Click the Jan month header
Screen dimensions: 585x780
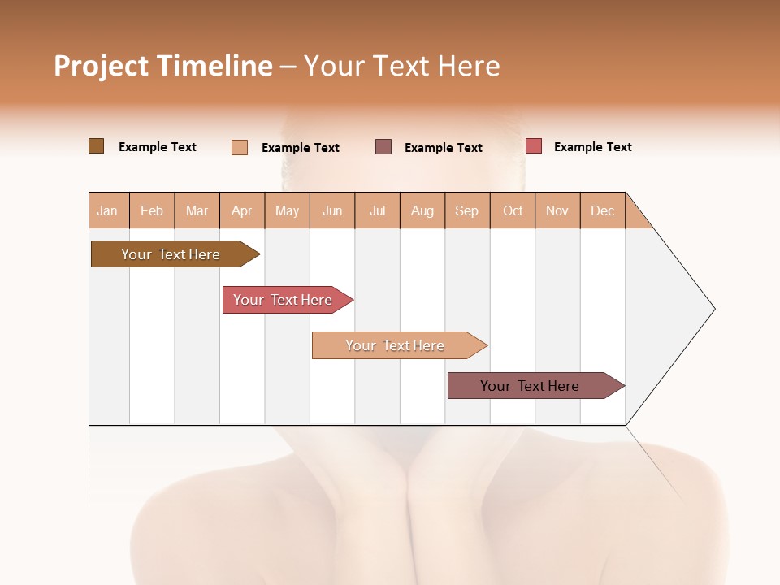pyautogui.click(x=107, y=210)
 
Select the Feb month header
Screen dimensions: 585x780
pyautogui.click(x=152, y=210)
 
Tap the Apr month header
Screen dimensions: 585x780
pyautogui.click(x=241, y=210)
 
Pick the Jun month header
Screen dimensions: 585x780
pyautogui.click(x=332, y=210)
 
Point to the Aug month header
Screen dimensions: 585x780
pyautogui.click(x=422, y=210)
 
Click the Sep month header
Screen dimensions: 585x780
pyautogui.click(x=466, y=210)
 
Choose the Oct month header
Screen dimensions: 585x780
pyautogui.click(x=513, y=210)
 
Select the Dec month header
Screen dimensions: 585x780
pyautogui.click(x=602, y=210)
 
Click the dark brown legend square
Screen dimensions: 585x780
pyautogui.click(x=96, y=146)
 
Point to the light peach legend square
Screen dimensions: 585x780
pyautogui.click(x=240, y=147)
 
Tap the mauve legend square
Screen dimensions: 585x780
pyautogui.click(x=383, y=147)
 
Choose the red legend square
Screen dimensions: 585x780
pyautogui.click(x=533, y=146)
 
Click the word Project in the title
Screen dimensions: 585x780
pyautogui.click(x=100, y=66)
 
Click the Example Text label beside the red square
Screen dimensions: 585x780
pyautogui.click(x=592, y=147)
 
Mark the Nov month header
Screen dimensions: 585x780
pyautogui.click(x=557, y=210)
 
